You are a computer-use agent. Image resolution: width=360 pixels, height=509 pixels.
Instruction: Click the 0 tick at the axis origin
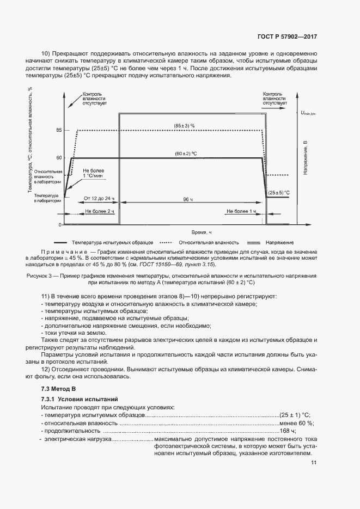pyautogui.click(x=60, y=224)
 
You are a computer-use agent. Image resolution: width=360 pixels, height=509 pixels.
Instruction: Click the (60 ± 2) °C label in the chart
pyautogui.click(x=186, y=153)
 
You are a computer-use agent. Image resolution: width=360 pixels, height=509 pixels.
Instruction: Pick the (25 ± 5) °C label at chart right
pyautogui.click(x=278, y=193)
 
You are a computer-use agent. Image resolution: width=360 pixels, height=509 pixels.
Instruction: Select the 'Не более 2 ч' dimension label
pyautogui.click(x=91, y=211)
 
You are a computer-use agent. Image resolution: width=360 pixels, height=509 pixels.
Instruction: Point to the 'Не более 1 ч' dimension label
pyautogui.click(x=241, y=211)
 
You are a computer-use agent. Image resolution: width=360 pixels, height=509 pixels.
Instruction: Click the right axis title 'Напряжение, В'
pyautogui.click(x=306, y=158)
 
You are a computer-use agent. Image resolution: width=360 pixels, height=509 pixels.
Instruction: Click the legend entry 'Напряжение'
pyautogui.click(x=280, y=242)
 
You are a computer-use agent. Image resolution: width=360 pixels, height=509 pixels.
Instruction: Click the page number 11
pyautogui.click(x=314, y=463)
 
